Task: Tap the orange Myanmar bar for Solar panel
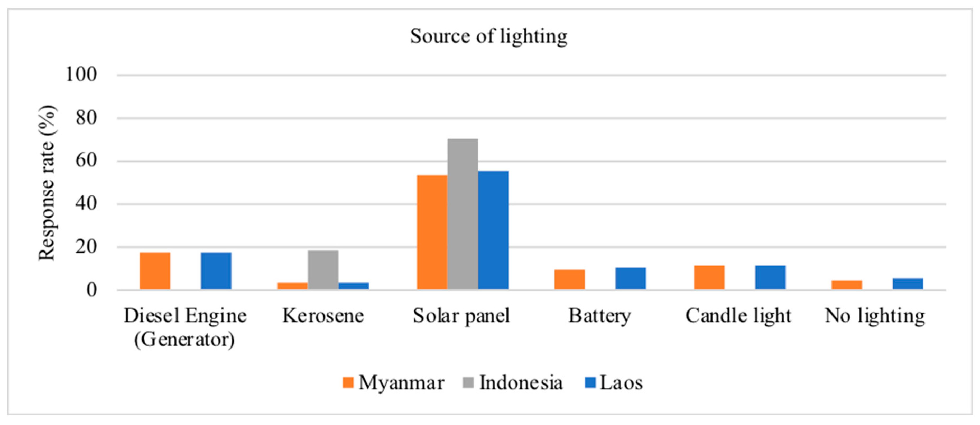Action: pyautogui.click(x=432, y=232)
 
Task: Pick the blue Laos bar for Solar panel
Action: pyautogui.click(x=493, y=230)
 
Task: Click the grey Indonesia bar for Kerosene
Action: pyautogui.click(x=323, y=269)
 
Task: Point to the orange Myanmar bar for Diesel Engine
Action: pyautogui.click(x=155, y=271)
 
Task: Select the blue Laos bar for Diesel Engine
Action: pyautogui.click(x=216, y=271)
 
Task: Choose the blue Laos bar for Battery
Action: pyautogui.click(x=630, y=278)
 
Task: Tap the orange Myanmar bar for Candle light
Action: pyautogui.click(x=709, y=277)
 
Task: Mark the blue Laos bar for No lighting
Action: pyautogui.click(x=908, y=284)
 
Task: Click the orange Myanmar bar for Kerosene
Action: pyautogui.click(x=292, y=286)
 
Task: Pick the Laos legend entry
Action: pyautogui.click(x=614, y=383)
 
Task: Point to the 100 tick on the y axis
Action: pyautogui.click(x=81, y=74)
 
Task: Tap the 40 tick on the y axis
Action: pyautogui.click(x=86, y=204)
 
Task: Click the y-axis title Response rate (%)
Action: pyautogui.click(x=47, y=183)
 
